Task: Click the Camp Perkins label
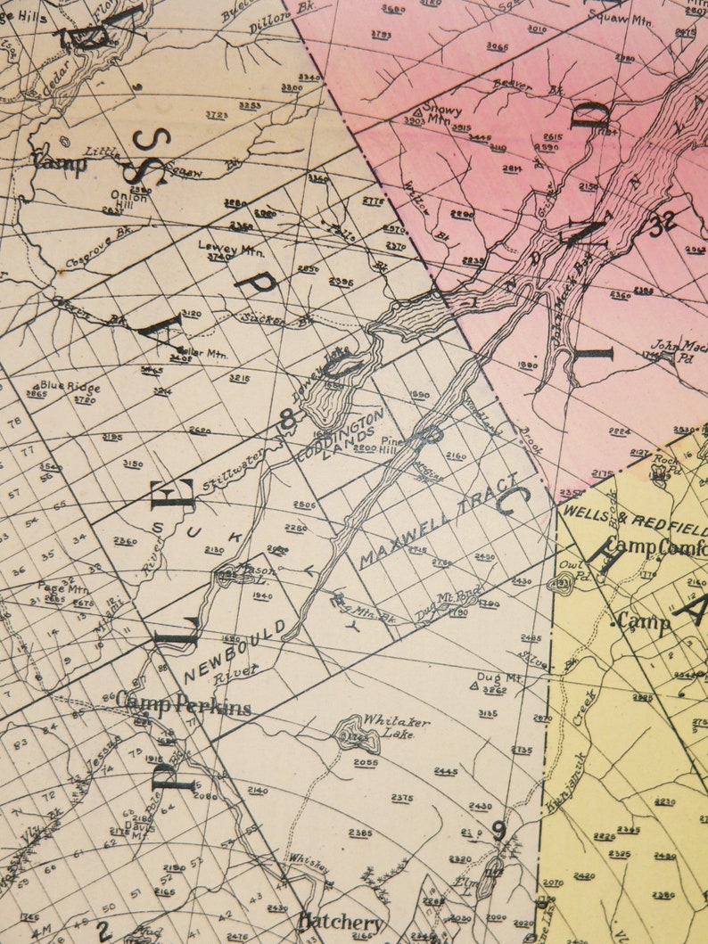click(183, 705)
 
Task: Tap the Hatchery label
click(341, 922)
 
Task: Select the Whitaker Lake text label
click(395, 726)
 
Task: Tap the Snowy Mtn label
click(442, 111)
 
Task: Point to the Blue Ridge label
click(70, 388)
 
